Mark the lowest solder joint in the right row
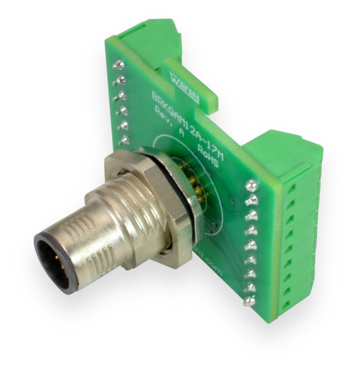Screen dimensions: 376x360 (248, 301)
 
